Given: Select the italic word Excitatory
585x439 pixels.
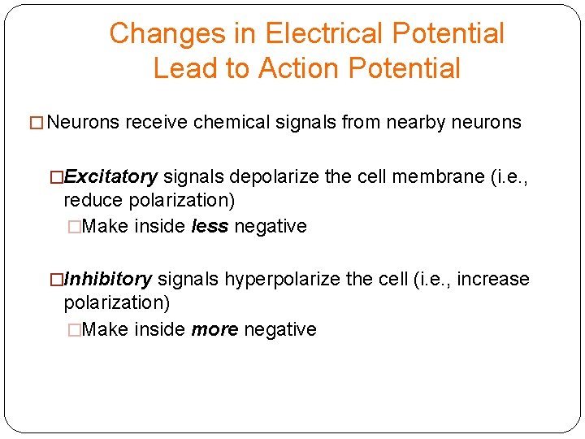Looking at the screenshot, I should pyautogui.click(x=111, y=176).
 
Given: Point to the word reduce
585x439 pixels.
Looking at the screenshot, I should pyautogui.click(x=91, y=200).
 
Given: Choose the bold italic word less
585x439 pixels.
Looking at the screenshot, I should pyautogui.click(x=210, y=226).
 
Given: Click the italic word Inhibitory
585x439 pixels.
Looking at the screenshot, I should pyautogui.click(x=107, y=280).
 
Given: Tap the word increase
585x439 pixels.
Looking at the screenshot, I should pyautogui.click(x=493, y=280).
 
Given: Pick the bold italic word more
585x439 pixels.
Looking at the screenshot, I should pyautogui.click(x=214, y=329).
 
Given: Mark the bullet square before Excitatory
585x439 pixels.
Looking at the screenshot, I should pyautogui.click(x=57, y=176).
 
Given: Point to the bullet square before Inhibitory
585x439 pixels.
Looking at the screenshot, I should pyautogui.click(x=57, y=280).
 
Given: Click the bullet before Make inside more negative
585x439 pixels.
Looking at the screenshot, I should pyautogui.click(x=75, y=329).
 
